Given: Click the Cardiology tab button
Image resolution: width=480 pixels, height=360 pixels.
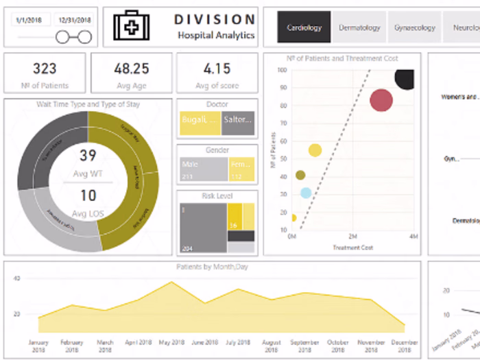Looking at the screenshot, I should [x=304, y=28].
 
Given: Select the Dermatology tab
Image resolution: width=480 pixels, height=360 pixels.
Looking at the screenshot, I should [x=359, y=28].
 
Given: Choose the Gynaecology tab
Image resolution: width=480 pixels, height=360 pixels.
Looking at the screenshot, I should [x=415, y=28].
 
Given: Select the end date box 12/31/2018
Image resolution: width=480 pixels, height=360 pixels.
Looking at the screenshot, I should [x=74, y=21].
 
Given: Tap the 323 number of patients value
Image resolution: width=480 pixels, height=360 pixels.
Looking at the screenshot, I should [x=45, y=69].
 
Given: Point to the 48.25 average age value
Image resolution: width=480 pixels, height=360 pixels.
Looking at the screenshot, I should [x=131, y=69].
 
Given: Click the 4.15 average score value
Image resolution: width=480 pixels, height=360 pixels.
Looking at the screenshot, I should [x=217, y=69].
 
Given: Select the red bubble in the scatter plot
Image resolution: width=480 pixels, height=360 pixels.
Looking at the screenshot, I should [x=381, y=101].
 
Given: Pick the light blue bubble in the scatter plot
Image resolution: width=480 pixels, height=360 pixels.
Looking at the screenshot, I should [x=306, y=193].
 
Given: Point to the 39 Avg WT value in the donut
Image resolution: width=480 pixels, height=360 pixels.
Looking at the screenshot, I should [x=88, y=156].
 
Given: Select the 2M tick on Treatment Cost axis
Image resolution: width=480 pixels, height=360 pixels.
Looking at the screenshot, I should [x=352, y=237].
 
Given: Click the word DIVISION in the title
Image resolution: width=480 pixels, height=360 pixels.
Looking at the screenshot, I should [x=215, y=20].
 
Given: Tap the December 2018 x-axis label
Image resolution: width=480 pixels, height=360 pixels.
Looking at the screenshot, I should [x=405, y=345].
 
